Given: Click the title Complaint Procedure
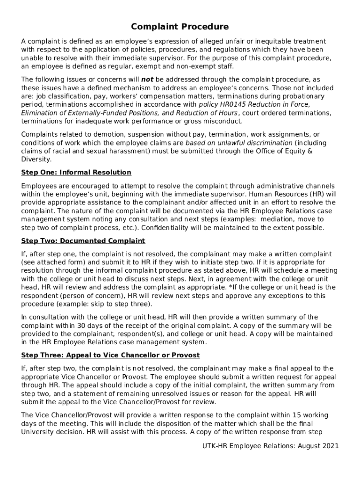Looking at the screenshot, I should [x=180, y=27].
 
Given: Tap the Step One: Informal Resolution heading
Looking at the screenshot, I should [x=76, y=173].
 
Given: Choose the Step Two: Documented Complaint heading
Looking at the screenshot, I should [x=83, y=241].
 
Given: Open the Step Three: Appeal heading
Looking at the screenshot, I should [x=110, y=355].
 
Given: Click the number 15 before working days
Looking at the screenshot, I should [x=297, y=415].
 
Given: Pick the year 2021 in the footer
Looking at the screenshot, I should [x=331, y=446].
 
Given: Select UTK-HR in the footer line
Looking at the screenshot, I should [x=214, y=446].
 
